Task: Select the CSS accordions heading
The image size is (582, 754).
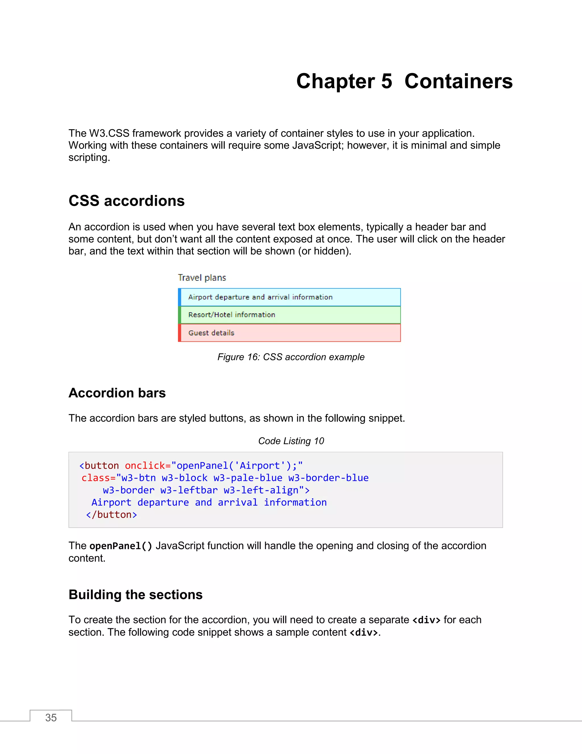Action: (126, 201)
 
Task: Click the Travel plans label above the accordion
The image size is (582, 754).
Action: (202, 278)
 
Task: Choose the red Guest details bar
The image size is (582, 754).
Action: (290, 333)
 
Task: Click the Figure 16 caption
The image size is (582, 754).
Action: (291, 357)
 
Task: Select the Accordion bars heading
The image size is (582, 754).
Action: (117, 393)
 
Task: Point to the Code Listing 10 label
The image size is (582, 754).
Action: (291, 441)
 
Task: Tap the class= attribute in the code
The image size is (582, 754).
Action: (98, 478)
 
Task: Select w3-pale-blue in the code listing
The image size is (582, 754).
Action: (248, 478)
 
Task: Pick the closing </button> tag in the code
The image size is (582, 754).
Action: (111, 515)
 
